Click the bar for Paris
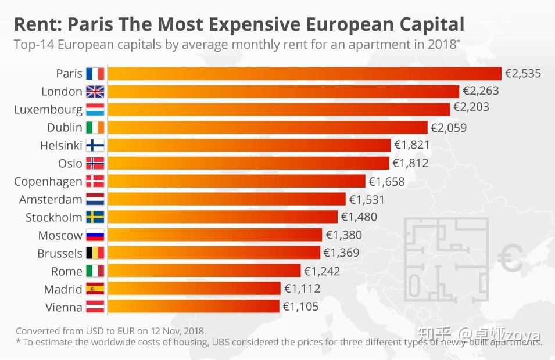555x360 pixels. coord(304,74)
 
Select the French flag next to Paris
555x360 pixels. coord(95,74)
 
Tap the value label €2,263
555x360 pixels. coord(481,91)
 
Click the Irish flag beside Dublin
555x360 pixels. coord(95,127)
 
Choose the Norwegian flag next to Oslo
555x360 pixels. coord(95,163)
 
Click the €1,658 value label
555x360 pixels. coord(386,181)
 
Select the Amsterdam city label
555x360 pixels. coord(51,199)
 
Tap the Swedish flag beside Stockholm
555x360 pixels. coord(95,217)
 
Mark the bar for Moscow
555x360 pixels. coord(214,235)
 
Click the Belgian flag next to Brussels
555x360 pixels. coord(95,253)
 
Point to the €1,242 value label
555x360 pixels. coord(322,271)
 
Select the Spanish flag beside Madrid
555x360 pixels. coord(95,289)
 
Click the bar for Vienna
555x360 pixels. coord(194,307)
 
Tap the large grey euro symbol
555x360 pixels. coord(510,259)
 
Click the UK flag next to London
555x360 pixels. coord(95,91)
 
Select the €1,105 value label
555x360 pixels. coord(301,307)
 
